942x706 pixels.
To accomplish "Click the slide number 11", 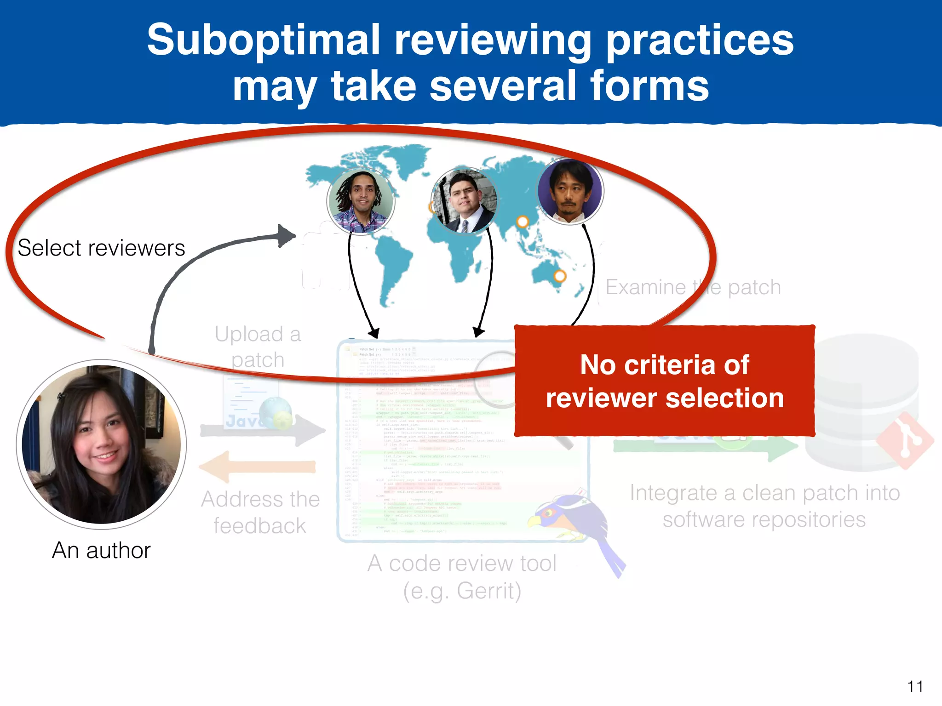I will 915,687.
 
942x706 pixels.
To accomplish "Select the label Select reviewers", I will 101,248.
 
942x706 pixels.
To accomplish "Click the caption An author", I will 101,550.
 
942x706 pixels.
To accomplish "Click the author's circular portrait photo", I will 101,444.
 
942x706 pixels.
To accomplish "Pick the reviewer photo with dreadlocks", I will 361,201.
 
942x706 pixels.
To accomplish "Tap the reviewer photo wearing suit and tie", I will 465,201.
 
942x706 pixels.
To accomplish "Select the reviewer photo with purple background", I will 570,191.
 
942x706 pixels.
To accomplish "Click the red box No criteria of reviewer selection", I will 664,381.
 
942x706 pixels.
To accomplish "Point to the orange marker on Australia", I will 559,276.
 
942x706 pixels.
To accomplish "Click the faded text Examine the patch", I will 693,287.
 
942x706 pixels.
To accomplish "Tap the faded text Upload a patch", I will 258,347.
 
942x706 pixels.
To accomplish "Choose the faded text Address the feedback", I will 260,512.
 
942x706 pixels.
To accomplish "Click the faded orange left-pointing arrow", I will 258,467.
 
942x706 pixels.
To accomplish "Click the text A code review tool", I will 462,564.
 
